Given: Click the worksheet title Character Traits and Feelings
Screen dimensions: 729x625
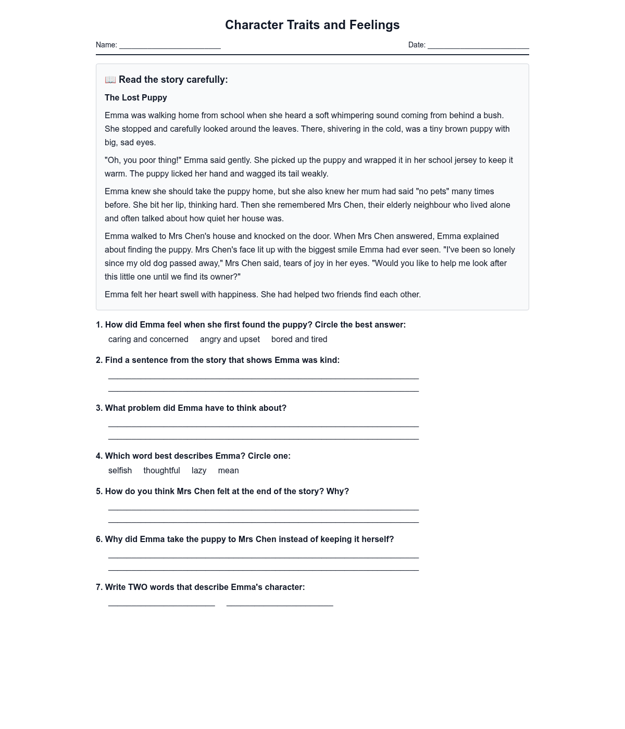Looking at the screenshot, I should (x=312, y=25).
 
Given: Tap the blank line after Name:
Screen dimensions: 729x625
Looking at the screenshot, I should (x=170, y=46).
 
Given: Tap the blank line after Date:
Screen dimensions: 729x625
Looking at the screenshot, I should (x=478, y=46).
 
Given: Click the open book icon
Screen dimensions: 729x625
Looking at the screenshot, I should (x=110, y=80).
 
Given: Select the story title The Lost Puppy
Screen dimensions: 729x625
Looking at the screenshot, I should (x=136, y=98).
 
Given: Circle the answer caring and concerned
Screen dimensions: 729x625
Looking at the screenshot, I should (x=148, y=340).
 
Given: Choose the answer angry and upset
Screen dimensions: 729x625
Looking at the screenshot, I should (x=230, y=340).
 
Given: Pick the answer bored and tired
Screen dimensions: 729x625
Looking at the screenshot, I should (x=299, y=340).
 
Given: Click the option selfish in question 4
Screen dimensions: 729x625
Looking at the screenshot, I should (x=120, y=471).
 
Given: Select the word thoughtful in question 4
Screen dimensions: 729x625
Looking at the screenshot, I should (x=161, y=471).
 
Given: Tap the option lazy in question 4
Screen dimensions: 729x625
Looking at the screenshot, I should (x=199, y=471).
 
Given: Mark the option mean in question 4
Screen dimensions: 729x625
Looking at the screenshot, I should (x=229, y=471).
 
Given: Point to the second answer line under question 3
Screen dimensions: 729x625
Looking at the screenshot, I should (x=264, y=437).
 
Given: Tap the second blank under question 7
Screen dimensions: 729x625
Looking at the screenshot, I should (x=280, y=604).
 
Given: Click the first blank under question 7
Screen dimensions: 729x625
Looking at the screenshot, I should (x=161, y=604).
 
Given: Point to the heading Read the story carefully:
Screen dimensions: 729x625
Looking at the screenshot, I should (x=173, y=80).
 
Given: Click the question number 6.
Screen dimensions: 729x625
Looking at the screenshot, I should (x=99, y=539).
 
